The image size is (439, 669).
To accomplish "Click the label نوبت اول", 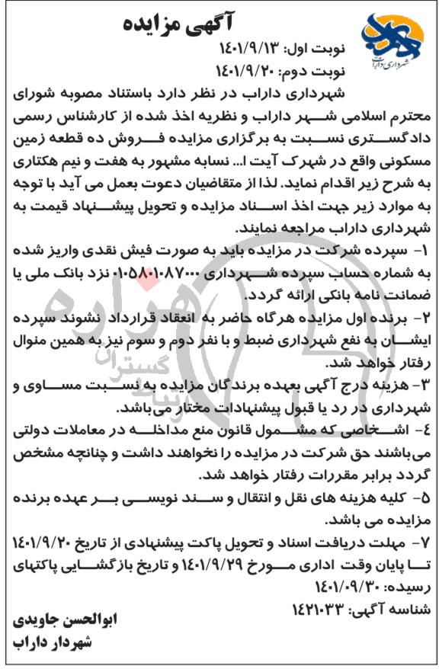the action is tap(319, 50).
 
